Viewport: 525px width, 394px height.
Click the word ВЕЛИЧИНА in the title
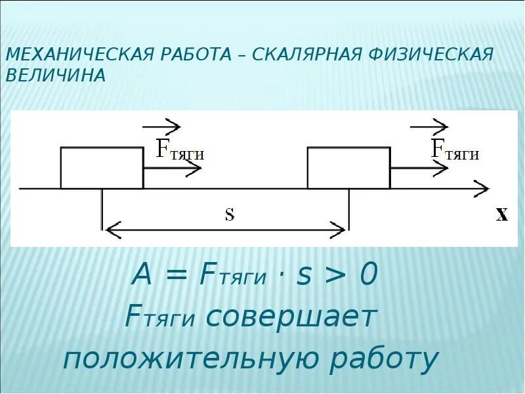pyautogui.click(x=55, y=75)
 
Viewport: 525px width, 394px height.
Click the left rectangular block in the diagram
pyautogui.click(x=102, y=168)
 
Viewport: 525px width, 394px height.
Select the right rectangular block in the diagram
pyautogui.click(x=348, y=168)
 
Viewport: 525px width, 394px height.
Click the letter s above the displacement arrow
pyautogui.click(x=230, y=215)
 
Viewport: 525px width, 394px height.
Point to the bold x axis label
pyautogui.click(x=501, y=214)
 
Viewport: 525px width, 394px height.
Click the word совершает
pyautogui.click(x=291, y=318)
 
